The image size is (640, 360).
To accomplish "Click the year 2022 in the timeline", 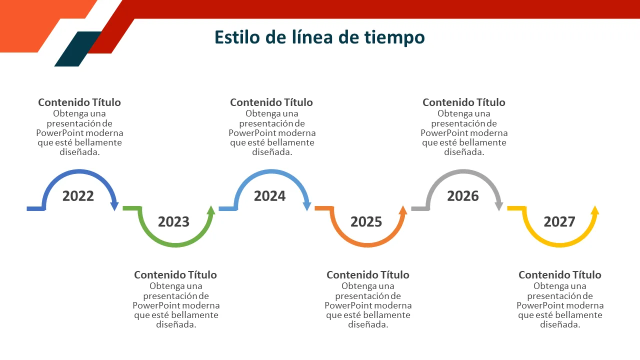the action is click(78, 196).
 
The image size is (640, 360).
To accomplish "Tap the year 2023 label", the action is click(173, 221).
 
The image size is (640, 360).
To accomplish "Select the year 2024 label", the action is click(269, 196).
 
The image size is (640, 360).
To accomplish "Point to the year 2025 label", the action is click(366, 221).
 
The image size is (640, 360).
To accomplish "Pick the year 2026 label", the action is click(463, 196).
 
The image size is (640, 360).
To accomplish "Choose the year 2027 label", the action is click(559, 221).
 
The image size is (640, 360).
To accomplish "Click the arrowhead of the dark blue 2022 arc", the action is click(114, 206).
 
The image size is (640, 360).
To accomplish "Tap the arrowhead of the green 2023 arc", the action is click(211, 210).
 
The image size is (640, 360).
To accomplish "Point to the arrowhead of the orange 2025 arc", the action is click(403, 210).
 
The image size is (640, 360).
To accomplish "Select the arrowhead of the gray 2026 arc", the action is click(499, 206).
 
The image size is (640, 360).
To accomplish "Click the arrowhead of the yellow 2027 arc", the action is click(595, 210).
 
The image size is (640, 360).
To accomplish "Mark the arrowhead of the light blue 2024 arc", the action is click(307, 206).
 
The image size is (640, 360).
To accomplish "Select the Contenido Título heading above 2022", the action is click(79, 102).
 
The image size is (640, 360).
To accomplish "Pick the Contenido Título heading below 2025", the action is click(368, 275).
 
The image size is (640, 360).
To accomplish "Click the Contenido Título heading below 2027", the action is click(560, 275).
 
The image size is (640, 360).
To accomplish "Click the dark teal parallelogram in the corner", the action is click(77, 49).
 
